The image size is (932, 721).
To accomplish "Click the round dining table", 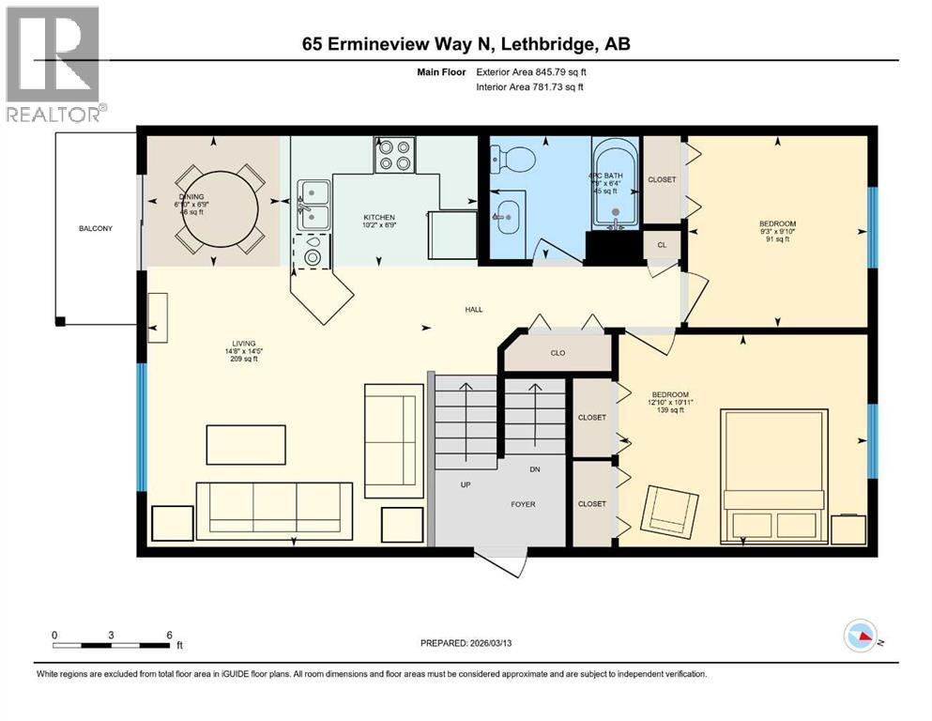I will (x=219, y=207).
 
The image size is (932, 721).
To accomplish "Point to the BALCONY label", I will (x=96, y=228).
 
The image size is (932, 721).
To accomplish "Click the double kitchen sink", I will (x=313, y=206).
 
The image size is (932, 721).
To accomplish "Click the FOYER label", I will (x=523, y=504).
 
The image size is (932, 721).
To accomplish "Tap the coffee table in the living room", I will (x=246, y=444).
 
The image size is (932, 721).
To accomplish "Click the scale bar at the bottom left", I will (x=113, y=644).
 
